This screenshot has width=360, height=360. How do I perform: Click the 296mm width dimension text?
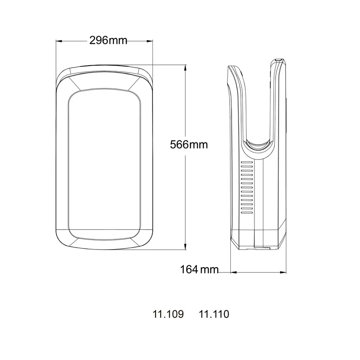coord(108,40)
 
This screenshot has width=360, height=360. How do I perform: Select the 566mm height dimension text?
coord(189,144)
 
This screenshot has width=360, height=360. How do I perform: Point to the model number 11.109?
coord(168,314)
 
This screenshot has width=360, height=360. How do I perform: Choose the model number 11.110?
coord(214,314)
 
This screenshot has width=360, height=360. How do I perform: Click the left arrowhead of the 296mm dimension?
coord(58,41)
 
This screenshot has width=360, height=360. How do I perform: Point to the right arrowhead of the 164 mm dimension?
coord(286,272)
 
